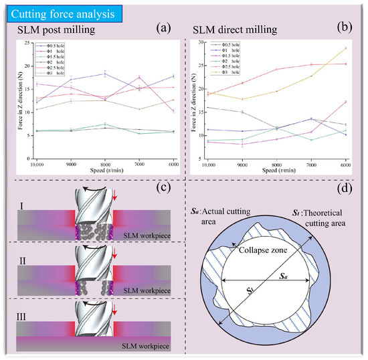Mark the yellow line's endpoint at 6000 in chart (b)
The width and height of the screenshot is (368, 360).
[x=345, y=48]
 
